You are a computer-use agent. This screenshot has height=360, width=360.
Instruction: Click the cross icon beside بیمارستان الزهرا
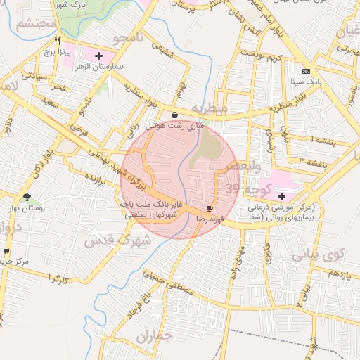click(98, 55)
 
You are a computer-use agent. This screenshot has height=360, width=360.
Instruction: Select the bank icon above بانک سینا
click(306, 71)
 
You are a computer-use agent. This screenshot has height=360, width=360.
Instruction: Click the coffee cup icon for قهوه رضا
click(210, 209)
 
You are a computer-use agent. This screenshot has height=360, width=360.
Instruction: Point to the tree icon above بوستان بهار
click(27, 197)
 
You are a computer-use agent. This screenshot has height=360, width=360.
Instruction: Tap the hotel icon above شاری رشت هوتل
click(174, 115)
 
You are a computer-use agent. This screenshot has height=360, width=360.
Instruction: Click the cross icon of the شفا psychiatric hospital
click(282, 196)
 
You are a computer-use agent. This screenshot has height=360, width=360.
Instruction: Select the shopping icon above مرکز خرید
click(6, 250)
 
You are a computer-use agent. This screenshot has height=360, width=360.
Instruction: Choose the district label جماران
click(154, 337)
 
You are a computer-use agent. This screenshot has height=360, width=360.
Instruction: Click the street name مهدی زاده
click(236, 259)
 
